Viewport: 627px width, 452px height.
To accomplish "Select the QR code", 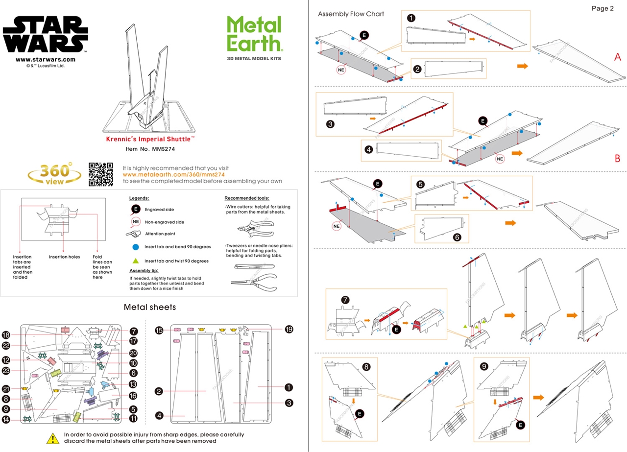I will tap(100, 174).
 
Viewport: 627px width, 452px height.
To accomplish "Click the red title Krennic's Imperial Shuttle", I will tap(150, 139).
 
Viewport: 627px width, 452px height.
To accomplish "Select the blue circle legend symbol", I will tap(135, 247).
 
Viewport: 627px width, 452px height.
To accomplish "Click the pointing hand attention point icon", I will tap(133, 234).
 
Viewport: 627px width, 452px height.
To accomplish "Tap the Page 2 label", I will tap(602, 8).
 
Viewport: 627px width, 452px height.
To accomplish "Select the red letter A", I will tap(618, 57).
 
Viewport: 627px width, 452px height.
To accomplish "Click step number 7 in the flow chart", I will tap(346, 299).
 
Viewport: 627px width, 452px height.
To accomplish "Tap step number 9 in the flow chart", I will tap(484, 366).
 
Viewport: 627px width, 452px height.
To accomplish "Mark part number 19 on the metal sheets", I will tap(289, 330).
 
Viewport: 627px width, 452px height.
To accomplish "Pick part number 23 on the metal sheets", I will tap(6, 371).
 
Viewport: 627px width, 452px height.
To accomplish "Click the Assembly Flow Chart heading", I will tap(351, 14).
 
